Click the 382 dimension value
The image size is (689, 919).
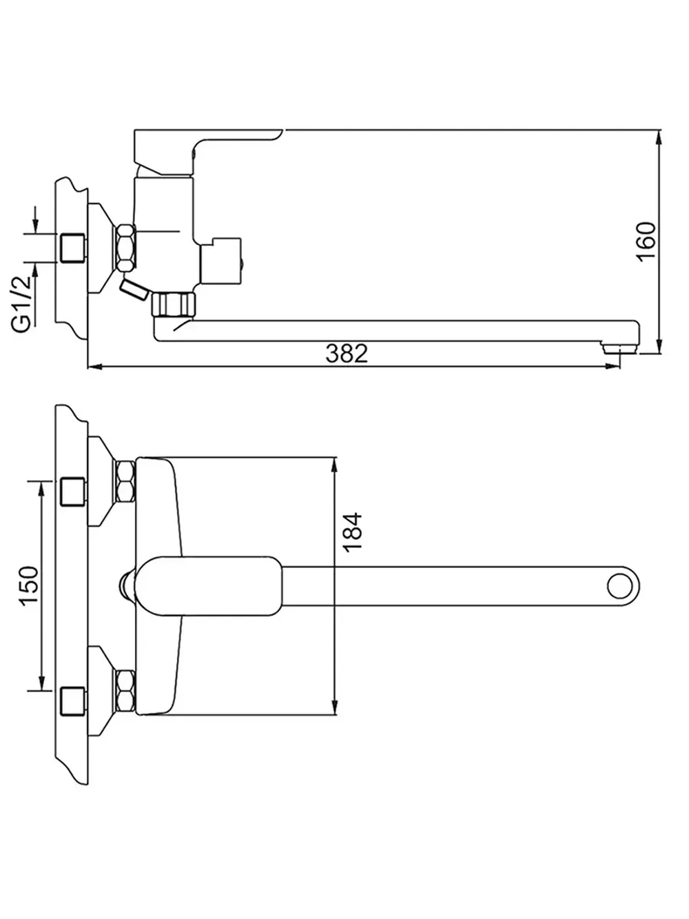(x=347, y=354)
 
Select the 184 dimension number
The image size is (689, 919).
(x=352, y=532)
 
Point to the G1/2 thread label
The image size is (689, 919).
(x=22, y=304)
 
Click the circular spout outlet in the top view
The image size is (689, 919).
(x=620, y=586)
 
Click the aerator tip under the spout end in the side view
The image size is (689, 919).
(x=620, y=348)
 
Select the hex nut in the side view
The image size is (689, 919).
(x=125, y=248)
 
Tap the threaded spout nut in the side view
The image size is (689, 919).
(x=174, y=305)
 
